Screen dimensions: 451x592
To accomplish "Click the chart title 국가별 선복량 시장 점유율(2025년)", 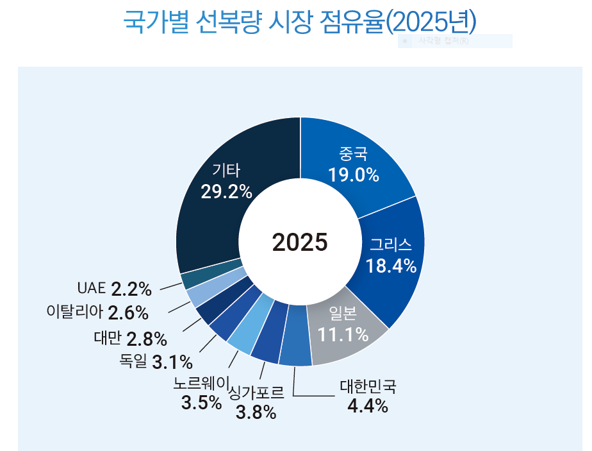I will click(x=299, y=22).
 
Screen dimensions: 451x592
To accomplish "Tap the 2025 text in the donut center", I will click(x=299, y=242).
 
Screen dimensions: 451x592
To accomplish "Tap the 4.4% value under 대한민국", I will click(x=368, y=405).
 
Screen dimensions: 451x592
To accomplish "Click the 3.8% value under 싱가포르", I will click(x=256, y=412).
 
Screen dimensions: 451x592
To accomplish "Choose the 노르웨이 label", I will click(x=201, y=384).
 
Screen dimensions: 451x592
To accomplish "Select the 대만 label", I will click(x=107, y=337).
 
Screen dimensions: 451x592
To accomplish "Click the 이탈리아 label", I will click(x=74, y=312).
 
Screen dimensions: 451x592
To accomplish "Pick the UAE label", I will click(x=90, y=288).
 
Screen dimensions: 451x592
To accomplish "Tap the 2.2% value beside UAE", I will click(x=131, y=289).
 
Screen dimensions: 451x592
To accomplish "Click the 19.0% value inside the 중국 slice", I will click(x=354, y=174).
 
